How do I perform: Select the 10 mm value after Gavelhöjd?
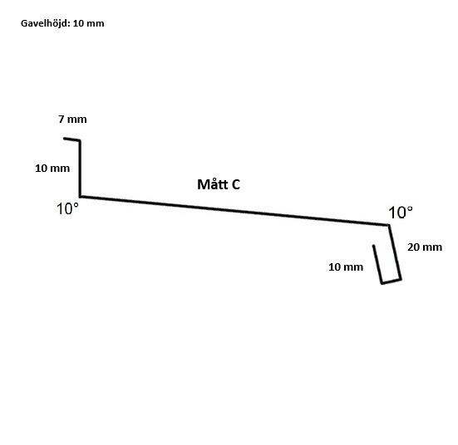[88, 23]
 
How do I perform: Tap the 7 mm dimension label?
[72, 119]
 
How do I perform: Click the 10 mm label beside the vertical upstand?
[52, 168]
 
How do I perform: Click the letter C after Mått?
[236, 184]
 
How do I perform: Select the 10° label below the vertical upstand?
[67, 209]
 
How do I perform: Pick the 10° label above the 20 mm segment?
[401, 213]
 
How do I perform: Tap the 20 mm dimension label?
[425, 247]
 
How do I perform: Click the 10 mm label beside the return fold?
[346, 267]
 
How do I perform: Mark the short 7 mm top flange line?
[71, 139]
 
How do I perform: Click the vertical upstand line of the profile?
[80, 169]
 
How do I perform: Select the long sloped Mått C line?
[234, 211]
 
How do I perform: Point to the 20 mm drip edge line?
[395, 252]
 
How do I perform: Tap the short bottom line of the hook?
[392, 281]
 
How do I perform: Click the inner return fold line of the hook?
[377, 264]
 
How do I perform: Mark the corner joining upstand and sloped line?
[80, 197]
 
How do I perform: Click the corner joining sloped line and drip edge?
[389, 225]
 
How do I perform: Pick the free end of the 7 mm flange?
[64, 139]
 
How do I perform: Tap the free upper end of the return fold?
[373, 246]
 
